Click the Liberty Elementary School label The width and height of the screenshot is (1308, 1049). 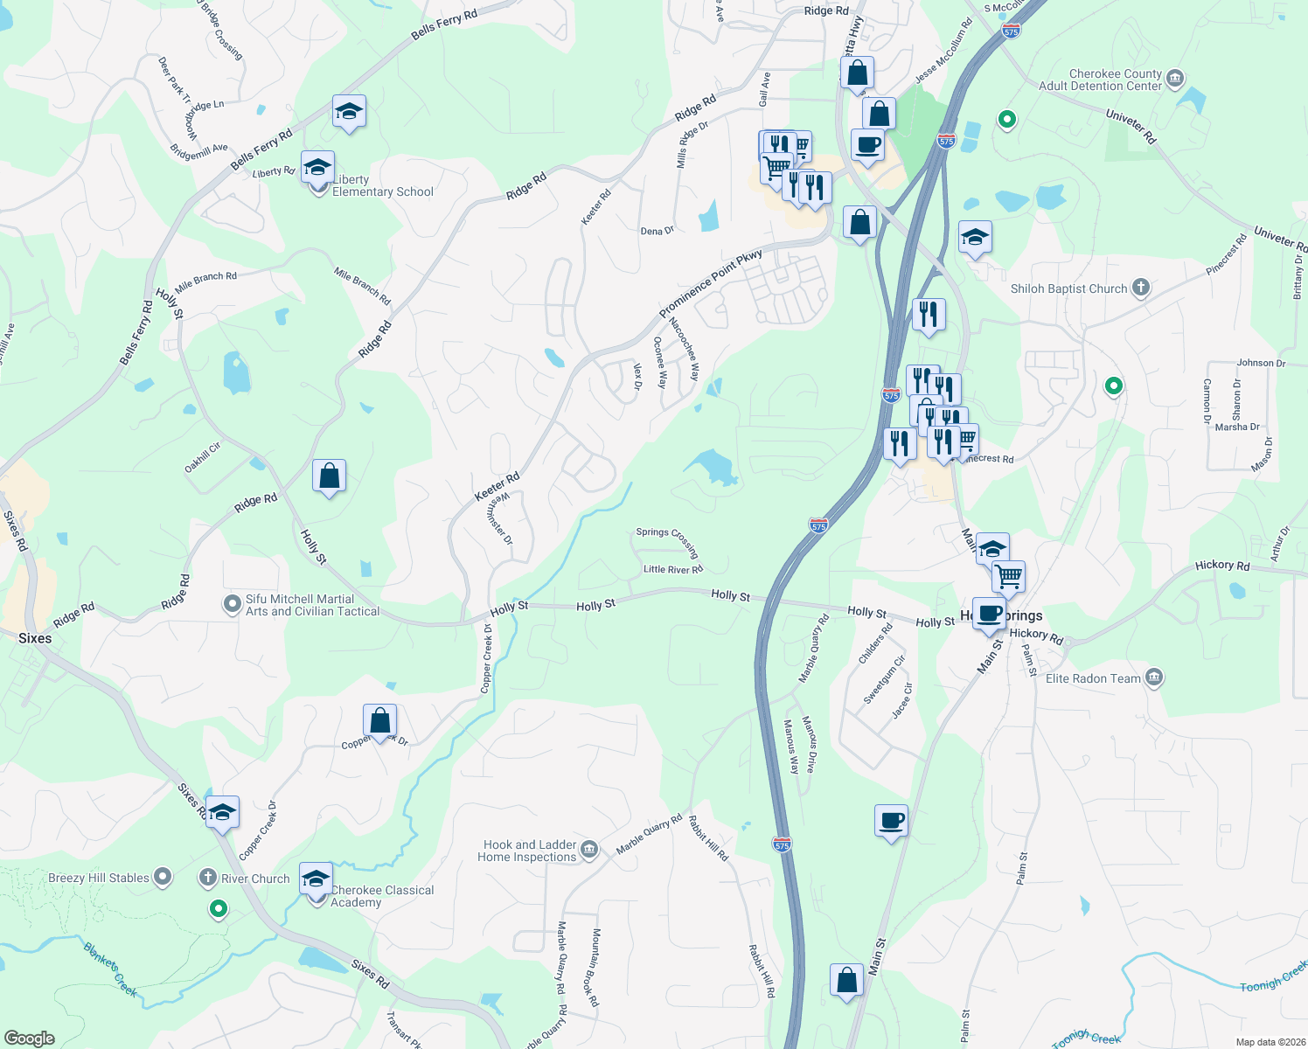(x=382, y=186)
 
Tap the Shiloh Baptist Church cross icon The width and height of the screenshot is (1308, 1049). (x=1140, y=288)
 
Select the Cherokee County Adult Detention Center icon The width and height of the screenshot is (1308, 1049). (x=1175, y=80)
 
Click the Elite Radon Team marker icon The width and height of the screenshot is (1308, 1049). (x=1154, y=677)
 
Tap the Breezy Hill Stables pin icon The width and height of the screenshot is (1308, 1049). (x=163, y=877)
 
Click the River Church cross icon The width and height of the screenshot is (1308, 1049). (x=208, y=878)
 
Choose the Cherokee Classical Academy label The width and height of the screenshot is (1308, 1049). (x=382, y=896)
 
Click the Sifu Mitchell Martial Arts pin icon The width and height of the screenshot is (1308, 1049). (x=232, y=604)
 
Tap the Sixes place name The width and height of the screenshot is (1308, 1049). (x=35, y=638)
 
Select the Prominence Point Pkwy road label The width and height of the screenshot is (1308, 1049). (x=710, y=283)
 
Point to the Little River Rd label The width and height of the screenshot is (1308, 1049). (x=673, y=569)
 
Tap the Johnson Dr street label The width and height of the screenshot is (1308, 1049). (x=1261, y=363)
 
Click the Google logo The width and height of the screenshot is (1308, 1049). (x=29, y=1039)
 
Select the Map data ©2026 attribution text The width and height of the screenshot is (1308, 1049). (x=1267, y=1042)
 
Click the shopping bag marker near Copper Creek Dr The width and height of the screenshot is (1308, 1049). (x=379, y=721)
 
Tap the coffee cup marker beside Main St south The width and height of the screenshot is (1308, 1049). (x=891, y=821)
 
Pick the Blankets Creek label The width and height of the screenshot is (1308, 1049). (x=110, y=969)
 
